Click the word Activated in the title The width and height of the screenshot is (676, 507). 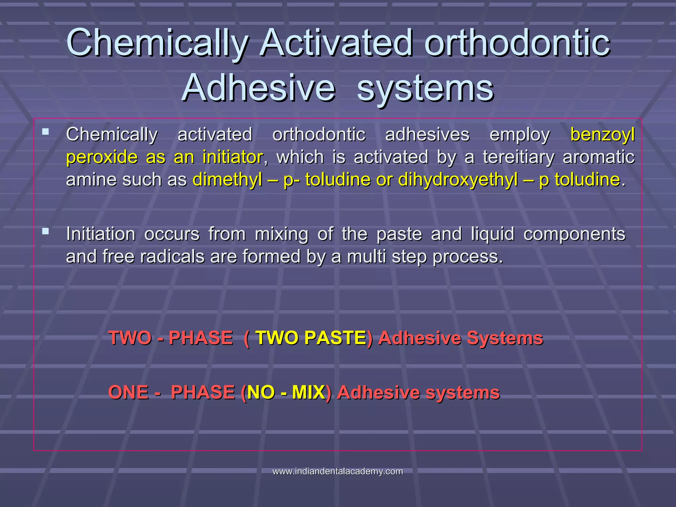click(x=336, y=43)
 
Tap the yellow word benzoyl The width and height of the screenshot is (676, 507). click(x=602, y=135)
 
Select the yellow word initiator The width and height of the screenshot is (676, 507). click(x=233, y=157)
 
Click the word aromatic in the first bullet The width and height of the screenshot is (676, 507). click(x=598, y=157)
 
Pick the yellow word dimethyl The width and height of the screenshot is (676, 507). click(x=227, y=180)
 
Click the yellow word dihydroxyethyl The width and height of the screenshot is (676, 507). click(x=458, y=180)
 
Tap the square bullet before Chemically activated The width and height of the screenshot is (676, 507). click(x=46, y=132)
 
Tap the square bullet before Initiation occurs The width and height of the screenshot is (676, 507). click(x=46, y=231)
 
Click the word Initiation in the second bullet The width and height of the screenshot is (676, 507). click(x=101, y=234)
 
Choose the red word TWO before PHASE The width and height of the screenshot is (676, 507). click(x=130, y=338)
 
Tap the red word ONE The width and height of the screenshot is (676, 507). click(x=128, y=392)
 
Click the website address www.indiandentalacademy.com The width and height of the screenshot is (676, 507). click(x=338, y=471)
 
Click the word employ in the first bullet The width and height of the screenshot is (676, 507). click(x=520, y=135)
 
